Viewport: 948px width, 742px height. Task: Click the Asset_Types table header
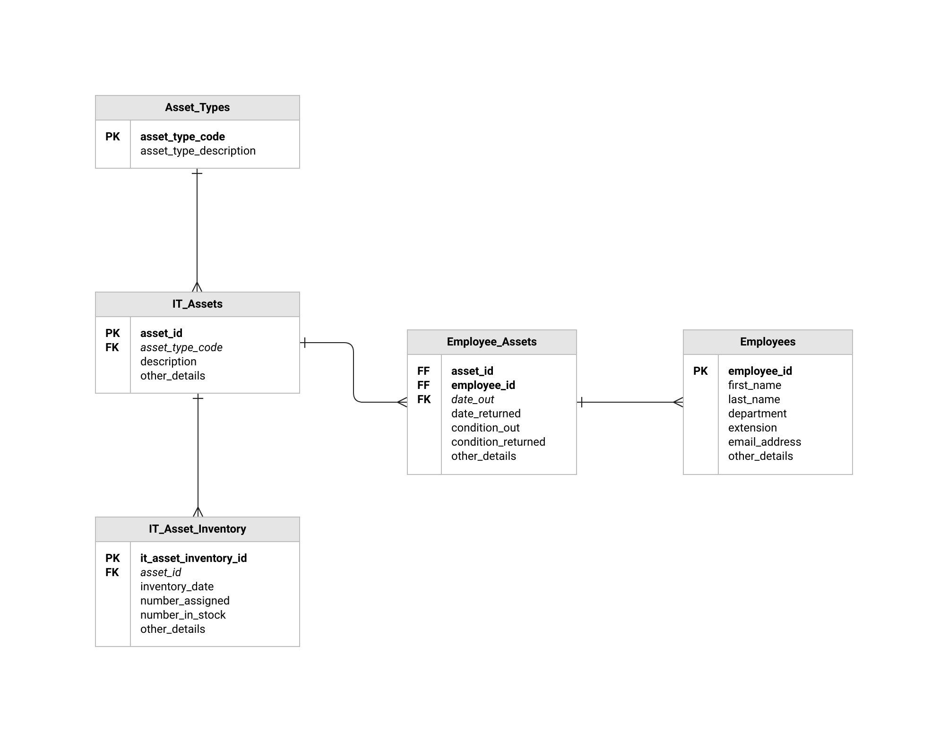[x=197, y=108]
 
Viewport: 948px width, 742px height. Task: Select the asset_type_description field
[x=198, y=151]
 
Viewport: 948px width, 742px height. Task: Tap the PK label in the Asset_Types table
[x=112, y=137]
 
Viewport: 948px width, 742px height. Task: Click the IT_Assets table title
[x=197, y=304]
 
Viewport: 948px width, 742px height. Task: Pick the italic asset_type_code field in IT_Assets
[x=181, y=347]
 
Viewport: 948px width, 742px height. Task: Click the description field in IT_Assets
[x=168, y=362]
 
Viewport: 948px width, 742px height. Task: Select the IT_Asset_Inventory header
[x=197, y=529]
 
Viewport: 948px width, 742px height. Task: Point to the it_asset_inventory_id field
[x=193, y=558]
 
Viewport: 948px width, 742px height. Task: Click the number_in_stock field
[x=183, y=615]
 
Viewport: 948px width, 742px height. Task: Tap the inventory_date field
[x=177, y=587]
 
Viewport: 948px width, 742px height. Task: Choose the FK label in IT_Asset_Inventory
[x=112, y=572]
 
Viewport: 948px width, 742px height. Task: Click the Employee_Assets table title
[x=491, y=342]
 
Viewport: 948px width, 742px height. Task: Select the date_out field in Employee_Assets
[x=472, y=399]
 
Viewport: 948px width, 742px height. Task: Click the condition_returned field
[x=498, y=442]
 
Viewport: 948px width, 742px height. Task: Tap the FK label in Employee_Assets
[x=424, y=399]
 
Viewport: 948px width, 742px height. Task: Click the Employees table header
[x=767, y=342]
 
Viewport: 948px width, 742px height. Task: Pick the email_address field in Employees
[x=764, y=442]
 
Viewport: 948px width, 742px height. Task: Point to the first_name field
[x=754, y=385]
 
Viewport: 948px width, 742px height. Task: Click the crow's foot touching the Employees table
[x=678, y=402]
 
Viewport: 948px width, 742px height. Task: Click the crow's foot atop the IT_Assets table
[x=197, y=287]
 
